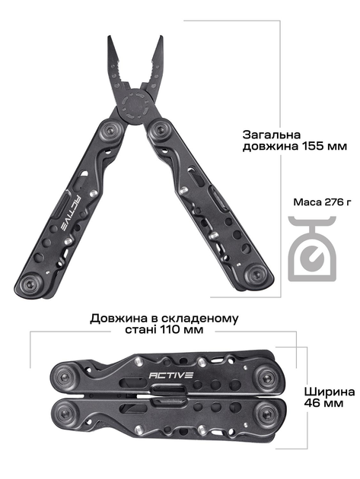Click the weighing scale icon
312,248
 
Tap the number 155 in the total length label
314,146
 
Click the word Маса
306,202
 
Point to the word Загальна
272,135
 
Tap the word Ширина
329,392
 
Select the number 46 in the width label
311,403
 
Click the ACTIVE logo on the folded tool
170,375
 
